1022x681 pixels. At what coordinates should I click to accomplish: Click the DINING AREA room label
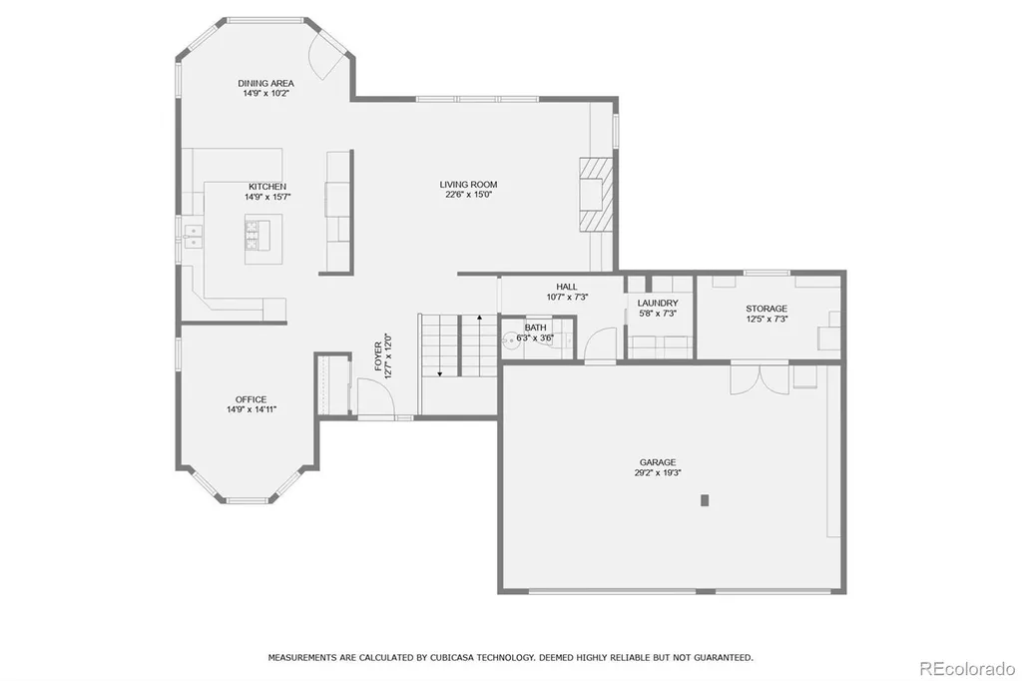click(265, 84)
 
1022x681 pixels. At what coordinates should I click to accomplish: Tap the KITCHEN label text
click(267, 187)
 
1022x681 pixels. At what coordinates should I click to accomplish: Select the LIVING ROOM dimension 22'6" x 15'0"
click(468, 195)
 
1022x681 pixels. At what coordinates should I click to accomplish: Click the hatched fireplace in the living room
click(597, 194)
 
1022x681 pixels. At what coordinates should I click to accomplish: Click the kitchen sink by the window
click(193, 236)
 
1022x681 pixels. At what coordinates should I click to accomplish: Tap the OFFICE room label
click(251, 399)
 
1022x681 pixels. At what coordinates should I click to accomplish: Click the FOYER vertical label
click(378, 356)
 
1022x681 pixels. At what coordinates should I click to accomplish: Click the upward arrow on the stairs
click(480, 345)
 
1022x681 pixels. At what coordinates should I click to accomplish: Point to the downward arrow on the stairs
click(440, 345)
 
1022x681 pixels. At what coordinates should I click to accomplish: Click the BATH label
click(536, 328)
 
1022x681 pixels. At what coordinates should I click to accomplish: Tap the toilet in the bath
click(510, 340)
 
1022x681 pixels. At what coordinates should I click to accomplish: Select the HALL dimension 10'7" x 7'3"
click(567, 297)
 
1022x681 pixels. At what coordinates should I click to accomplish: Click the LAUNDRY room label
click(658, 304)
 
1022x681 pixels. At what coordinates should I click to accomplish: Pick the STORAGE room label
click(766, 309)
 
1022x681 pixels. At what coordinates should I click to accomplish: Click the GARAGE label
click(658, 462)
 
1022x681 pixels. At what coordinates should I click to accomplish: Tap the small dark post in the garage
click(705, 500)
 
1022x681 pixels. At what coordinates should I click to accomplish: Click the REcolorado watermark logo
click(967, 668)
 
